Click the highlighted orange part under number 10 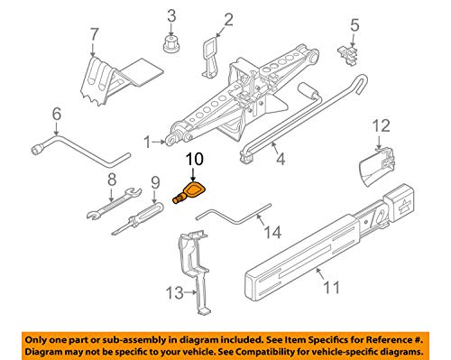pos(189,193)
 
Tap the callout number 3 pos(171,16)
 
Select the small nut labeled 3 pos(171,44)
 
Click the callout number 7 pos(94,34)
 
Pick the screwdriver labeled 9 pos(138,218)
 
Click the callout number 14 pos(272,232)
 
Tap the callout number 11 pos(332,288)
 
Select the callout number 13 pos(175,292)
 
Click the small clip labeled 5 pos(348,54)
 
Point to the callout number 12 pos(382,126)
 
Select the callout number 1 pos(147,142)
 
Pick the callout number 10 pos(195,159)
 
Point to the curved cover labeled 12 pos(377,166)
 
